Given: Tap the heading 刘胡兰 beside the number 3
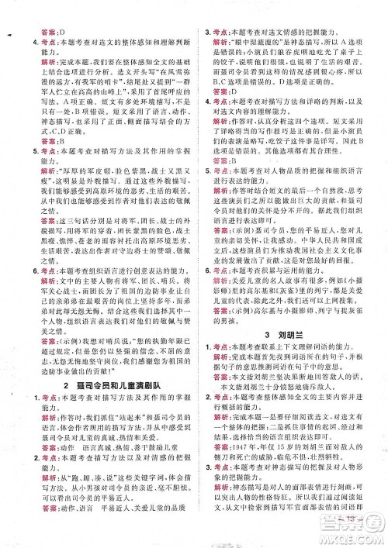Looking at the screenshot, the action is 300,380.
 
